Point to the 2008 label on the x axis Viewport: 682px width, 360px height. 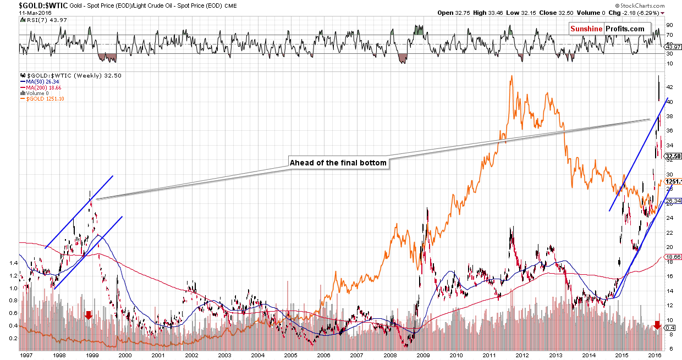(x=389, y=355)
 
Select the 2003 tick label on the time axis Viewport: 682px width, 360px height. (x=224, y=355)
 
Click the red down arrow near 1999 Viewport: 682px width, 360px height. (x=89, y=315)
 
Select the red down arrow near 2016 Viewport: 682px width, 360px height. (x=657, y=325)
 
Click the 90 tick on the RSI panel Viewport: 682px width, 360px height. (x=669, y=25)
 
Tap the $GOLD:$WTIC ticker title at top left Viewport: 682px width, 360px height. (x=21, y=5)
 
